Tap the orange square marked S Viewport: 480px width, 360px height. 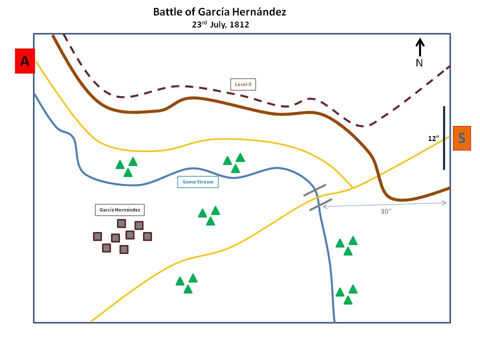point(461,138)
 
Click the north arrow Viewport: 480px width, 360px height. point(420,47)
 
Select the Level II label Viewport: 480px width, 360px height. point(243,84)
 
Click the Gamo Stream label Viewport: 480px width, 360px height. point(198,182)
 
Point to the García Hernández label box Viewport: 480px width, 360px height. point(120,209)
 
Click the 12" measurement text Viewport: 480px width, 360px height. point(433,138)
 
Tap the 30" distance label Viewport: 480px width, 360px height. point(385,211)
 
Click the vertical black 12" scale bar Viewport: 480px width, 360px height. point(443,138)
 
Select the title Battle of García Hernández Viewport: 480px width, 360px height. point(219,12)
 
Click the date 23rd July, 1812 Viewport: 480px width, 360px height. point(219,24)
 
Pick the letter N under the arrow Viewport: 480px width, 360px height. point(419,63)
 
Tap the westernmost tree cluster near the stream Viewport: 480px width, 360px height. point(126,167)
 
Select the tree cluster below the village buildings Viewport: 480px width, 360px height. point(186,283)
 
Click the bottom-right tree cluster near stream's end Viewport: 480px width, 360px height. point(346,294)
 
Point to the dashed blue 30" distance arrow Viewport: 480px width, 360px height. point(385,203)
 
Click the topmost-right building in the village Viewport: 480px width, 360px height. point(139,225)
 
